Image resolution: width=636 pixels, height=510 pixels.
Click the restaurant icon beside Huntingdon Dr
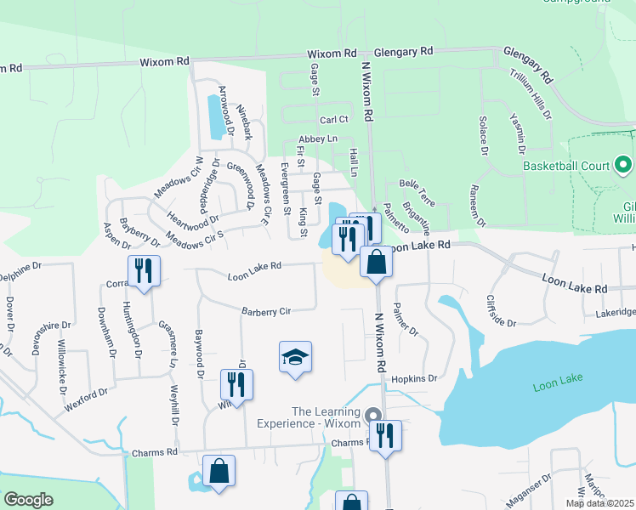point(143,272)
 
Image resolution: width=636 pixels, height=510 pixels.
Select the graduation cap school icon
point(295,357)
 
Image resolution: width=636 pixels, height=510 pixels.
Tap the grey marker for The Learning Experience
point(372,416)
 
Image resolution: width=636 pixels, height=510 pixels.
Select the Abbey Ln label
point(318,139)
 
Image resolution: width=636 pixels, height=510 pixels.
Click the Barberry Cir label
point(265,312)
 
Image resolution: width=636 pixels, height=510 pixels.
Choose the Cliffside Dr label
point(502,312)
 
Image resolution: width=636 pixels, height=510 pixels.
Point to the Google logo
point(29,500)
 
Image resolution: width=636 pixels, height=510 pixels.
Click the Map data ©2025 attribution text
point(599,503)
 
